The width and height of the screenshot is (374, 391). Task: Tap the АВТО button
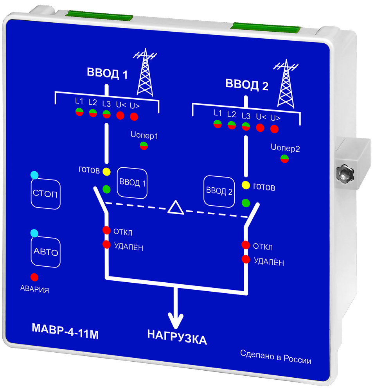[46, 253]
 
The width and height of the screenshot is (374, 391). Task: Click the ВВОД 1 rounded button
[133, 183]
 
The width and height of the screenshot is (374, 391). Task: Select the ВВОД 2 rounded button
[219, 191]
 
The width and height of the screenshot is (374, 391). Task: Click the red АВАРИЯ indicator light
[34, 277]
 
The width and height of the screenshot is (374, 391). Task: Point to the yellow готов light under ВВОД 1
[106, 171]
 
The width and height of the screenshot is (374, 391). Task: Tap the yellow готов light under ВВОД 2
[246, 185]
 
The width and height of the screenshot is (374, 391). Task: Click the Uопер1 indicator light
[144, 146]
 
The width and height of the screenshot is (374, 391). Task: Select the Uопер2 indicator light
[284, 159]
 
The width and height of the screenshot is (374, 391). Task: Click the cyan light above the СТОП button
[35, 175]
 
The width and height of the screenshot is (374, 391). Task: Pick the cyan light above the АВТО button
[35, 233]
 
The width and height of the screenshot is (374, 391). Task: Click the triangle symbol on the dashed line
[176, 207]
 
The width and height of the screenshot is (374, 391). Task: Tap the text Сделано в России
[276, 357]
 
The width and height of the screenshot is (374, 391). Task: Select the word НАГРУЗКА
[177, 337]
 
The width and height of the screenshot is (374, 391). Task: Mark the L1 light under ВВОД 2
[218, 124]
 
